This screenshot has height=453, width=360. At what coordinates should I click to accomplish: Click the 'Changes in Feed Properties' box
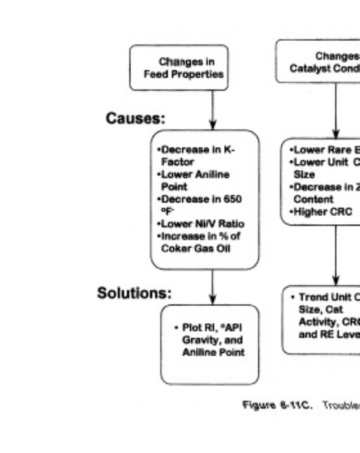tap(179, 68)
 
